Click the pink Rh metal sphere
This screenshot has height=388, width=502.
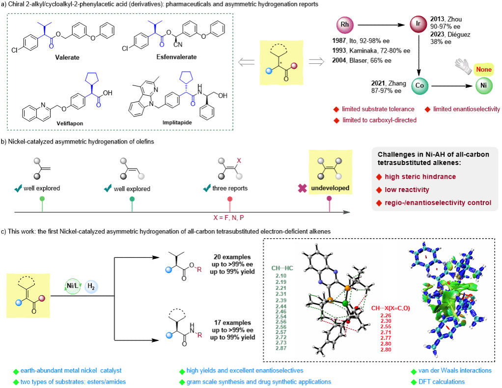pyautogui.click(x=344, y=25)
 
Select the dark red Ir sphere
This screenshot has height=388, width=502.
pyautogui.click(x=418, y=24)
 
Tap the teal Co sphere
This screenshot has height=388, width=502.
pyautogui.click(x=420, y=85)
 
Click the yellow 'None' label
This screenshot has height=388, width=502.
pyautogui.click(x=483, y=69)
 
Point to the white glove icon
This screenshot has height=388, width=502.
pyautogui.click(x=463, y=66)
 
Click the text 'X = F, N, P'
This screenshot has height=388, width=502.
pyautogui.click(x=229, y=218)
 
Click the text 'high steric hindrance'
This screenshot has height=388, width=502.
pyautogui.click(x=420, y=177)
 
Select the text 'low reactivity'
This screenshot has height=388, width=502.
pyautogui.click(x=407, y=190)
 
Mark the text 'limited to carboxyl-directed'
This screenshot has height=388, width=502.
pyautogui.click(x=379, y=120)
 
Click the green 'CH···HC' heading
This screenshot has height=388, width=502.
pyautogui.click(x=282, y=268)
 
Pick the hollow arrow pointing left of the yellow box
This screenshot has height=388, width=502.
pyautogui.click(x=246, y=62)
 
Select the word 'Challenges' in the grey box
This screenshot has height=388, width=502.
pyautogui.click(x=395, y=154)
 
